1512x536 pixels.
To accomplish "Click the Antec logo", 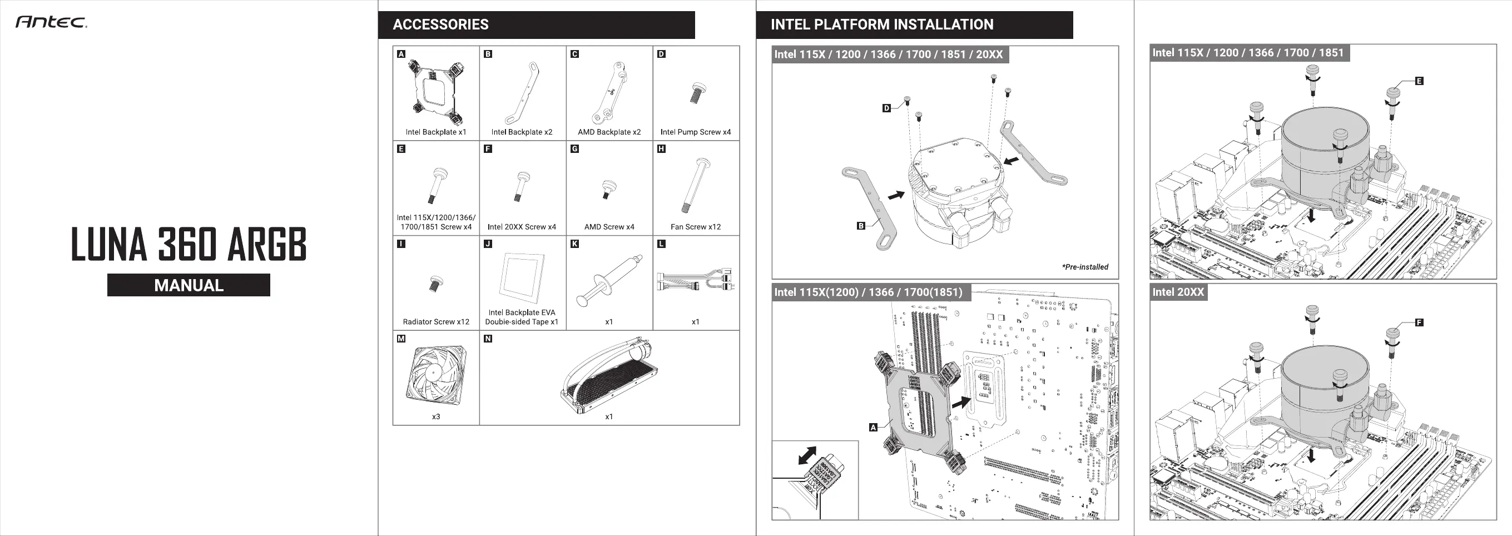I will pyautogui.click(x=51, y=22).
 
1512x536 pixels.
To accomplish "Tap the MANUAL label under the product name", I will pyautogui.click(x=189, y=285).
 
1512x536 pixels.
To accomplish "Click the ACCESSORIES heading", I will pyautogui.click(x=440, y=24).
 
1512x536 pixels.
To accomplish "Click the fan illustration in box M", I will pyautogui.click(x=435, y=374).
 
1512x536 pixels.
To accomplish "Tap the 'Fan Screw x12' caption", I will pyautogui.click(x=696, y=227).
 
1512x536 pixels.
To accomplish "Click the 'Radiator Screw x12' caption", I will pyautogui.click(x=436, y=322).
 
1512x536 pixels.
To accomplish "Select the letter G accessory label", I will pyautogui.click(x=574, y=149).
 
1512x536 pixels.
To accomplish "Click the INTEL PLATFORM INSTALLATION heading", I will pyautogui.click(x=881, y=24).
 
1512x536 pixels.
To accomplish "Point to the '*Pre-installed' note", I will pyautogui.click(x=1085, y=267).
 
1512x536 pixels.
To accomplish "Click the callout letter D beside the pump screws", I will pyautogui.click(x=887, y=108).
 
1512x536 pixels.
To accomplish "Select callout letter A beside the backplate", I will pyautogui.click(x=873, y=428).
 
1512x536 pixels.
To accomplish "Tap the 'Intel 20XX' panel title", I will pyautogui.click(x=1177, y=292).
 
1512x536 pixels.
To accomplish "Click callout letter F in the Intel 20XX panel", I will pyautogui.click(x=1419, y=322).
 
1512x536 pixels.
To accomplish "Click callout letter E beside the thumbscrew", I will pyautogui.click(x=1419, y=81).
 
